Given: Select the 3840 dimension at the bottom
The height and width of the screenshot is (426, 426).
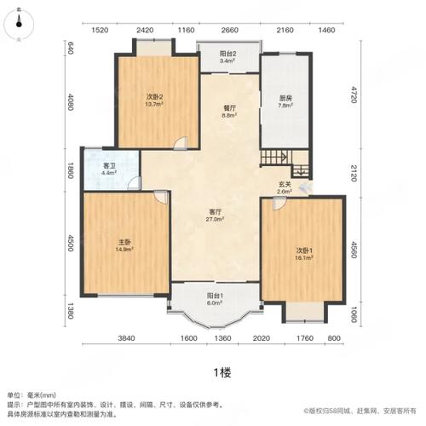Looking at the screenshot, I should tap(126, 339).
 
